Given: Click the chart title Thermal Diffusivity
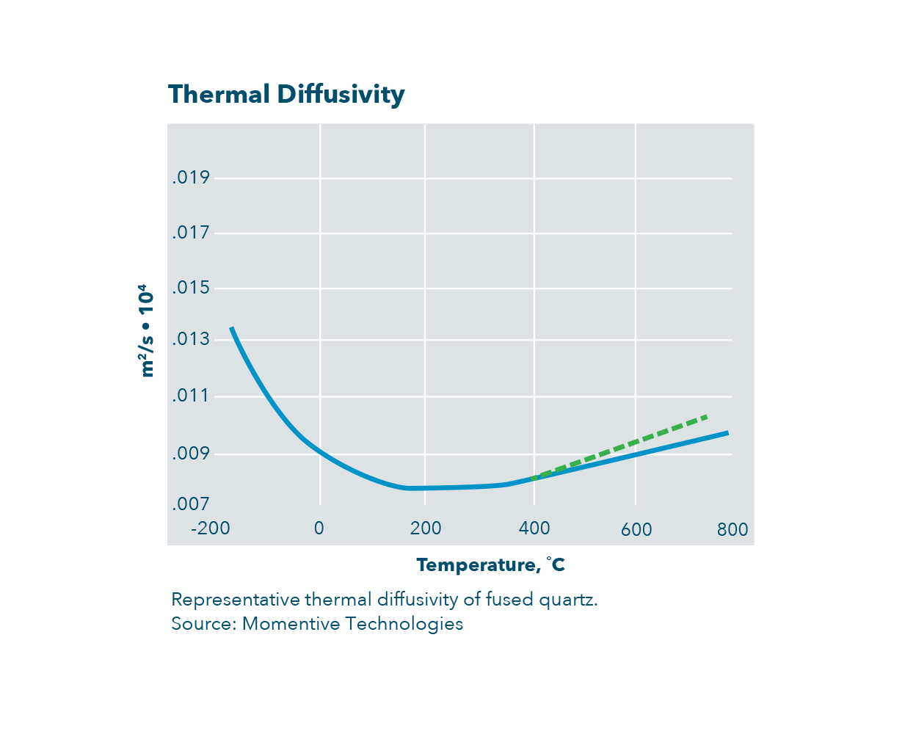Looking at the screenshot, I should pos(286,95).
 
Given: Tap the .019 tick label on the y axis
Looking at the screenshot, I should pos(191,178).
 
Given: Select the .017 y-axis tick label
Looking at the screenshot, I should pos(191,233).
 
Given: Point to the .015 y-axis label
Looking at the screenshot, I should pos(191,288).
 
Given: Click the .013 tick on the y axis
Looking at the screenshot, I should pos(191,340).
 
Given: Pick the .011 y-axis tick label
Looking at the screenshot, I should pos(191,396).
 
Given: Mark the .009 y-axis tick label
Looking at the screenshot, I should pos(191,454).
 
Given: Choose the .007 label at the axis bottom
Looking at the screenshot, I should pos(191,504).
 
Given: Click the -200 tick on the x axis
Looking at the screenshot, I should pos(211,528).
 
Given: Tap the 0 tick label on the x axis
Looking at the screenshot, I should pos(319,528).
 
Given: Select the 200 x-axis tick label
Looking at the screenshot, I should pos(426,528).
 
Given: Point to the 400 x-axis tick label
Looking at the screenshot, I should pos(534,528).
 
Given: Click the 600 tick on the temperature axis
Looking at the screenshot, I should pos(636,530).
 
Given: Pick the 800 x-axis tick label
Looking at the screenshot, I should pos(733,530).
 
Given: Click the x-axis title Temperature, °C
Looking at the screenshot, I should pos(490,565).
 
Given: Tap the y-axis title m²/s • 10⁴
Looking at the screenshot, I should pos(147,330).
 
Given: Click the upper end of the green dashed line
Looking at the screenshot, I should pos(705,416).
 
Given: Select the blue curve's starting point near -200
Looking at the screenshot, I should pos(232,328).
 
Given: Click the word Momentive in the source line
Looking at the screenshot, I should pos(291,624).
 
